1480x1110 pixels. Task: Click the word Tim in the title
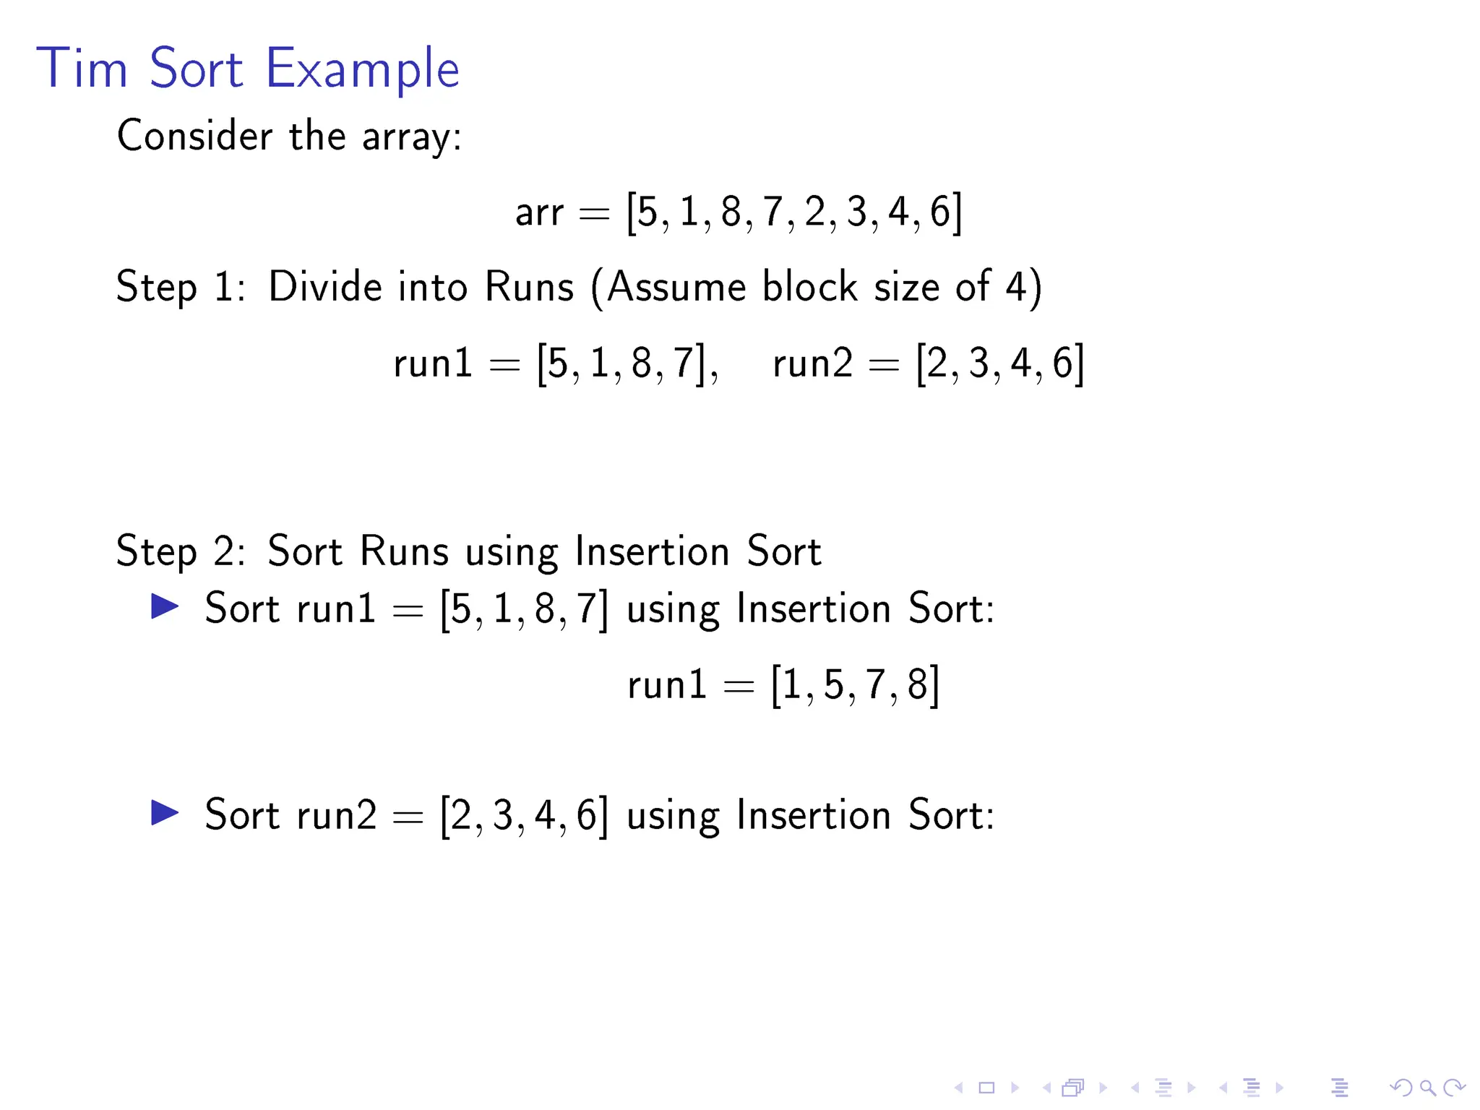(82, 69)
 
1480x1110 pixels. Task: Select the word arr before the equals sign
(539, 212)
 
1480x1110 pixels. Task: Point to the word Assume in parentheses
(676, 286)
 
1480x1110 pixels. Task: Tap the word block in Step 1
(809, 286)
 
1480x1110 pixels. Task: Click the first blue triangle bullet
(165, 606)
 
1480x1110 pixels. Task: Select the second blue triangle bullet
(165, 813)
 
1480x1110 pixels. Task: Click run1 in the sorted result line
(667, 684)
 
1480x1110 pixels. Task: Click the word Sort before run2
(241, 814)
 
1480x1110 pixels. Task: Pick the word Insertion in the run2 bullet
(813, 814)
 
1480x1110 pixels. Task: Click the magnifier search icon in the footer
(1427, 1088)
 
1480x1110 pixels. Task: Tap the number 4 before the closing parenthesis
(1015, 286)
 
